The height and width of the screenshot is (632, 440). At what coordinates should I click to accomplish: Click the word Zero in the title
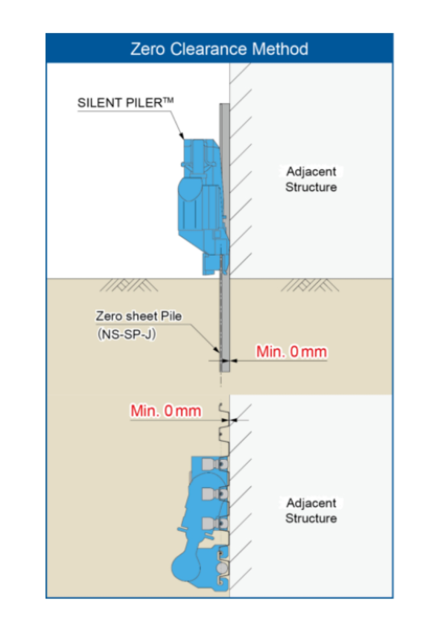pos(147,49)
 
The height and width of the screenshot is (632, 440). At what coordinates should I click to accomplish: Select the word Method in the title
pos(280,49)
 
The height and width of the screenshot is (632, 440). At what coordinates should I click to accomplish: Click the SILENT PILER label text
pos(120,103)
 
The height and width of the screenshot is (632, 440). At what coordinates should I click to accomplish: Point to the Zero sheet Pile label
pos(138,316)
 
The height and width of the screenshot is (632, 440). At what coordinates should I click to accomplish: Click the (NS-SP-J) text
pos(127,334)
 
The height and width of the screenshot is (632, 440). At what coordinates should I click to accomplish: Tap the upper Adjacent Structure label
pos(311,179)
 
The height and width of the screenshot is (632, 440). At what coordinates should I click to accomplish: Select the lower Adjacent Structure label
pos(311,511)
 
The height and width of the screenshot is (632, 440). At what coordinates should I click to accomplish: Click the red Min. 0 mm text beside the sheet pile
pos(291,352)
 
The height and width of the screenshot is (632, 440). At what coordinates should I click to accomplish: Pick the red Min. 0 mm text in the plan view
pos(166,411)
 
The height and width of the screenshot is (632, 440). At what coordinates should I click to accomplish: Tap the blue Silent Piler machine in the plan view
pos(201,524)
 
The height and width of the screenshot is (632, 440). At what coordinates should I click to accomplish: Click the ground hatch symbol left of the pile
pos(129,285)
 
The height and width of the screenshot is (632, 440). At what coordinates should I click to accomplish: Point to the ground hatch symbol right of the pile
pos(309,285)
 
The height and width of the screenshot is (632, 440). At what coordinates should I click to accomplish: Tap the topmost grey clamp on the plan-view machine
pos(209,464)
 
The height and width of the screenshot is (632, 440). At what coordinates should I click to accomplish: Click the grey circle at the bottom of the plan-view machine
pos(222,568)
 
